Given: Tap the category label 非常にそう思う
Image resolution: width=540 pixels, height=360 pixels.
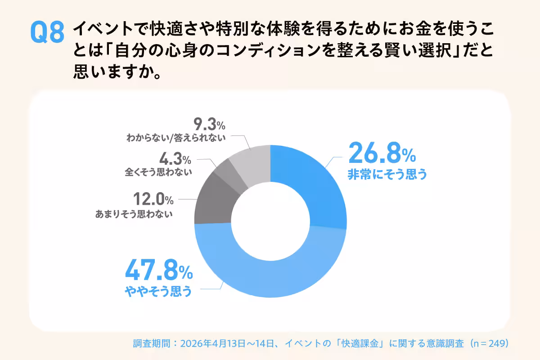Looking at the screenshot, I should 387,174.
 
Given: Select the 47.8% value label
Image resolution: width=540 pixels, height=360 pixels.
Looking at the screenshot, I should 158,272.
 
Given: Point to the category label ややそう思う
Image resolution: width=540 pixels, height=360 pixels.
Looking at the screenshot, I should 158,292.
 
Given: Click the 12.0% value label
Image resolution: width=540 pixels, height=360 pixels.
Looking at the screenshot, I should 153,198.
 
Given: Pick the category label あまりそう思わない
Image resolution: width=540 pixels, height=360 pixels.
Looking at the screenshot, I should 134,214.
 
